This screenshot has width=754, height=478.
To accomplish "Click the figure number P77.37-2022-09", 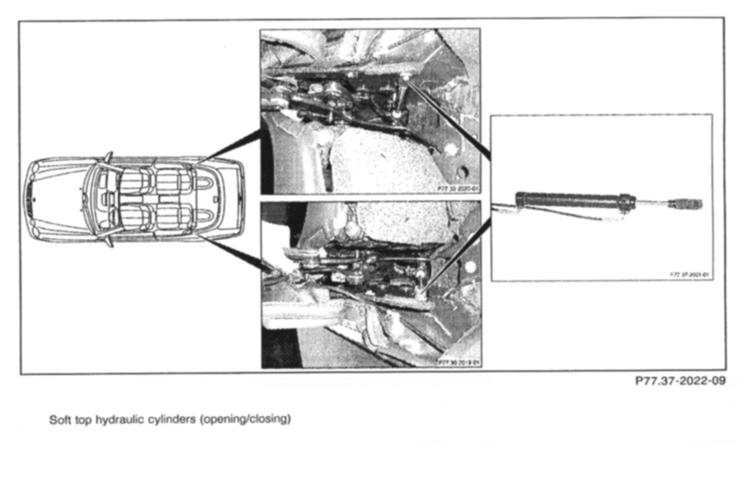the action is tap(680, 381).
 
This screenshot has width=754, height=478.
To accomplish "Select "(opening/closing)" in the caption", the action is tap(245, 419).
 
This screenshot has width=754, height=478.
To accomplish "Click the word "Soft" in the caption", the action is tap(59, 419).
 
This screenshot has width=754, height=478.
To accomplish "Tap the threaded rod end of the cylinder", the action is tap(687, 203).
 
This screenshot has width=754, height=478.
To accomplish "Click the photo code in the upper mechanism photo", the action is tap(457, 189).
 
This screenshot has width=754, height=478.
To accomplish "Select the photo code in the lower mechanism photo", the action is tap(458, 362).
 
